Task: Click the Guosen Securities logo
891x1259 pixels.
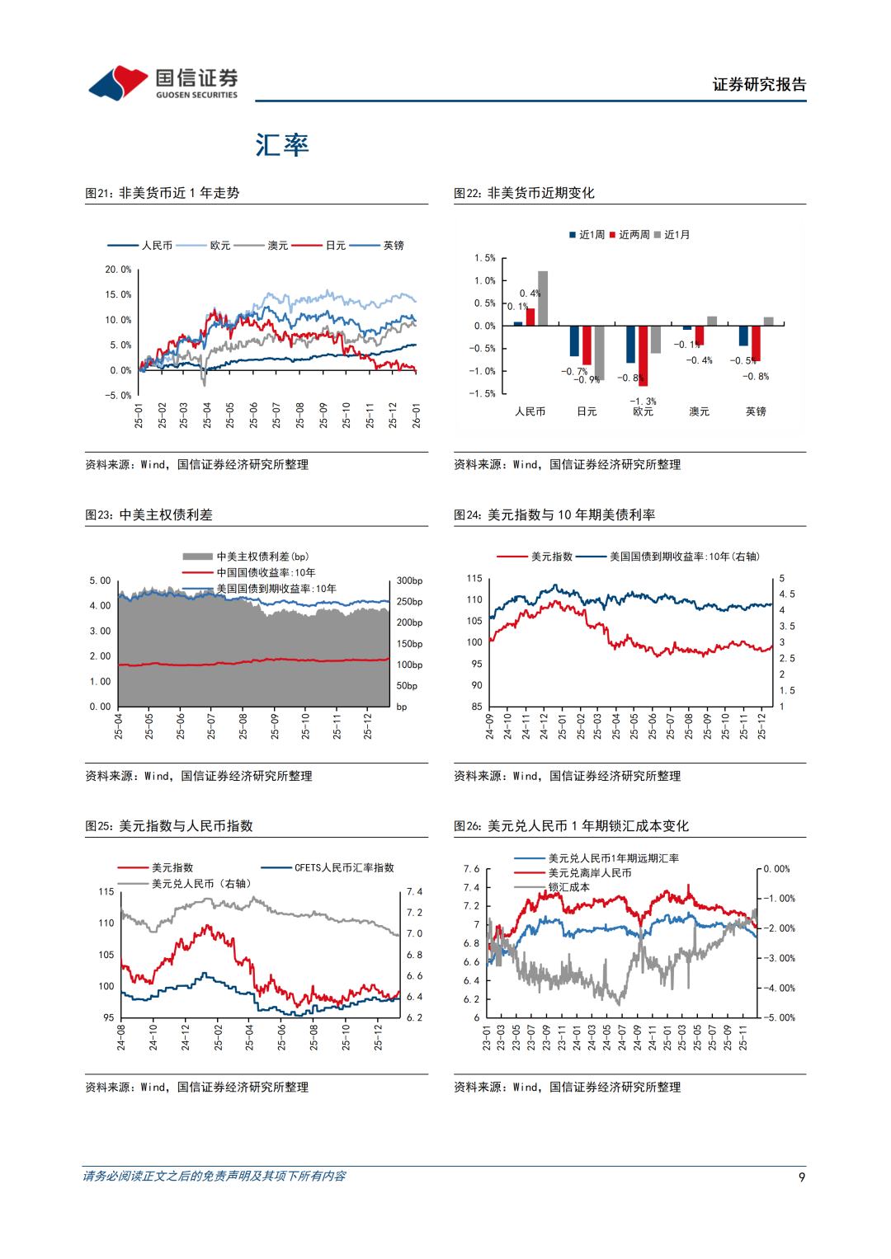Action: coord(163,82)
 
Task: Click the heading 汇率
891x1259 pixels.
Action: coord(281,145)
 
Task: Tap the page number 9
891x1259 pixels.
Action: coord(802,1177)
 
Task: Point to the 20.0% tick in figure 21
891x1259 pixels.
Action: coord(118,270)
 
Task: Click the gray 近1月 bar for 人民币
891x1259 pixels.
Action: coord(543,298)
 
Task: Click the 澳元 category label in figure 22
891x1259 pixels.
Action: coord(699,411)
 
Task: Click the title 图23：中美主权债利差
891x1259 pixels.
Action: coord(149,514)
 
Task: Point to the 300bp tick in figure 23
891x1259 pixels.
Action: coord(409,580)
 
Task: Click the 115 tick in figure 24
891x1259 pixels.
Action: coord(474,579)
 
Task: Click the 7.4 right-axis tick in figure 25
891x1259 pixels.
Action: coord(414,892)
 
